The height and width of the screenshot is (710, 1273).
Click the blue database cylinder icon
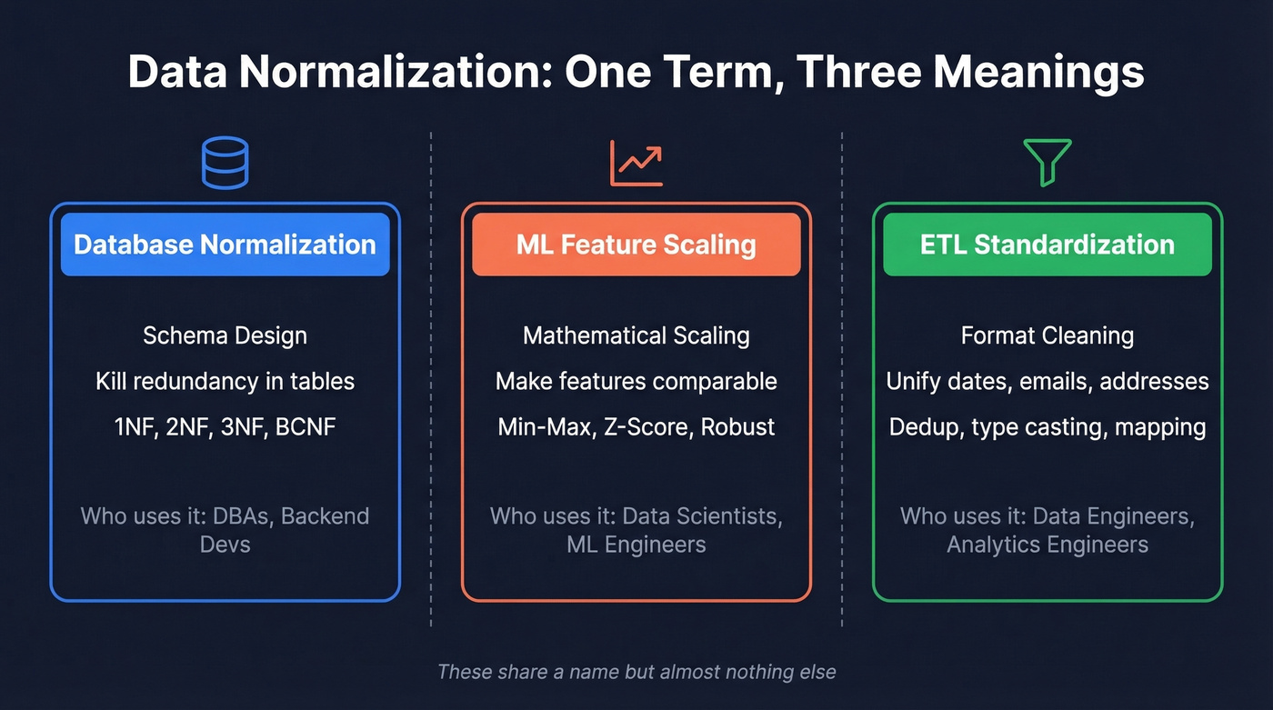225,163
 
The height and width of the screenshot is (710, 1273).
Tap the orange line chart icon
636,163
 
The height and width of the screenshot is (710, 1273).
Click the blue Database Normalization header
225,245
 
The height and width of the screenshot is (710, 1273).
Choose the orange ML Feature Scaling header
636,245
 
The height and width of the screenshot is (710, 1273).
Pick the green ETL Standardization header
1047,245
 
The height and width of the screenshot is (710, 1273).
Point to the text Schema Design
225,335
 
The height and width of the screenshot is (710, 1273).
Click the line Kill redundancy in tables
225,381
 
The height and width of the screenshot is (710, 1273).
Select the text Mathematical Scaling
636,335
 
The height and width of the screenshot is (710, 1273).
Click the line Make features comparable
636,381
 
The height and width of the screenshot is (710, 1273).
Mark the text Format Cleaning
1047,335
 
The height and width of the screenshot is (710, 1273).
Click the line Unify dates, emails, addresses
1047,381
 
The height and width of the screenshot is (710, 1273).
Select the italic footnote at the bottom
636,673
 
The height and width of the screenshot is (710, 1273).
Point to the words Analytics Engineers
1047,545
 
